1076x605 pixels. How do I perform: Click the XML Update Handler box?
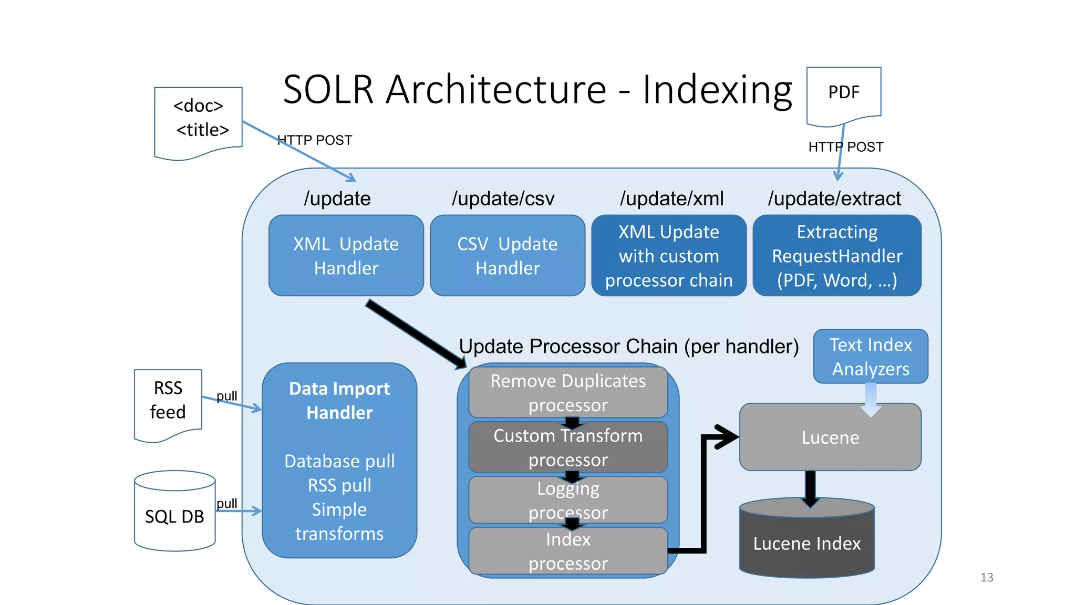coord(346,256)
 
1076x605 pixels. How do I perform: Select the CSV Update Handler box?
coord(507,256)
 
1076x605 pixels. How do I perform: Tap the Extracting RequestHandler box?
coord(836,256)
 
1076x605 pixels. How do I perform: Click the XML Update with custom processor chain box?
coord(668,256)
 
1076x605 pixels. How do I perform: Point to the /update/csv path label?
coord(503,199)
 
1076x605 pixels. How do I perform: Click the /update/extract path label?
coord(834,199)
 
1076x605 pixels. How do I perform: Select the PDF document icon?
coord(843,95)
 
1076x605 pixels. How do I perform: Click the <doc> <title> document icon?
coord(199,121)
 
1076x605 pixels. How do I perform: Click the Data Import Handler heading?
coord(339,400)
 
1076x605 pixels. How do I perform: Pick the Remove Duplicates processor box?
coord(567,393)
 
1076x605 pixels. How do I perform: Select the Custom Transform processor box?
coord(567,447)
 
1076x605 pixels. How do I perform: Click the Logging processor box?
coord(567,500)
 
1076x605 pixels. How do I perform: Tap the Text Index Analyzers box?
coord(871,357)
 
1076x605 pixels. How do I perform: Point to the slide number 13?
coord(987,577)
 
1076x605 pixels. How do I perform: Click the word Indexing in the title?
coord(717,89)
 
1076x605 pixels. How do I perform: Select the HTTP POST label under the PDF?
coord(846,147)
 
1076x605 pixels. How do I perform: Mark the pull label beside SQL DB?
coord(227,504)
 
